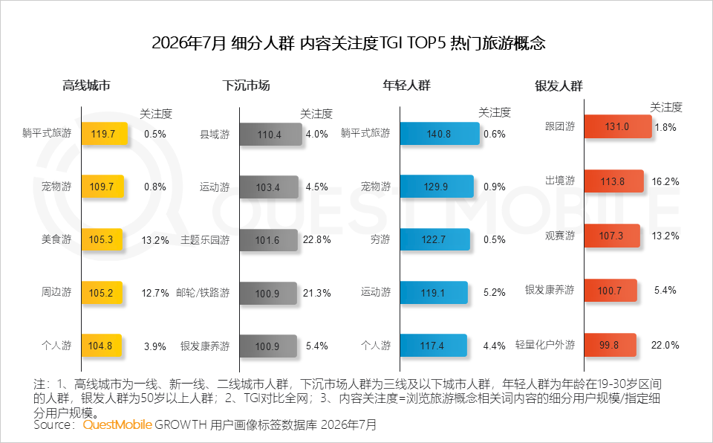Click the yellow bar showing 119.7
click(x=105, y=134)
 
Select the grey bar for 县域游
click(x=270, y=135)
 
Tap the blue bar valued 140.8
click(x=440, y=133)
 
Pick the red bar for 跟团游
click(x=618, y=126)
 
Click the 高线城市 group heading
click(x=86, y=85)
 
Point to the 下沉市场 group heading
click(x=246, y=85)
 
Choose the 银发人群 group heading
click(x=559, y=85)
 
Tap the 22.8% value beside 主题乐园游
click(x=316, y=239)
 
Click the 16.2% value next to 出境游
click(x=665, y=181)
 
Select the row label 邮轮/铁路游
click(x=203, y=293)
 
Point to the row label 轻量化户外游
click(x=544, y=345)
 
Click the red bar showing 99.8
click(x=611, y=345)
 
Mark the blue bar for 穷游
click(x=435, y=239)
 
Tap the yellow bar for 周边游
click(x=102, y=293)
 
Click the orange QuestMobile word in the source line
click(x=117, y=424)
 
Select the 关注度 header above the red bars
click(x=666, y=108)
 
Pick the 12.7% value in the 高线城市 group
click(x=155, y=293)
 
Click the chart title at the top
click(x=348, y=43)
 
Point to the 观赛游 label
click(x=560, y=236)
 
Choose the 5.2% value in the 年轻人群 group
click(x=495, y=292)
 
